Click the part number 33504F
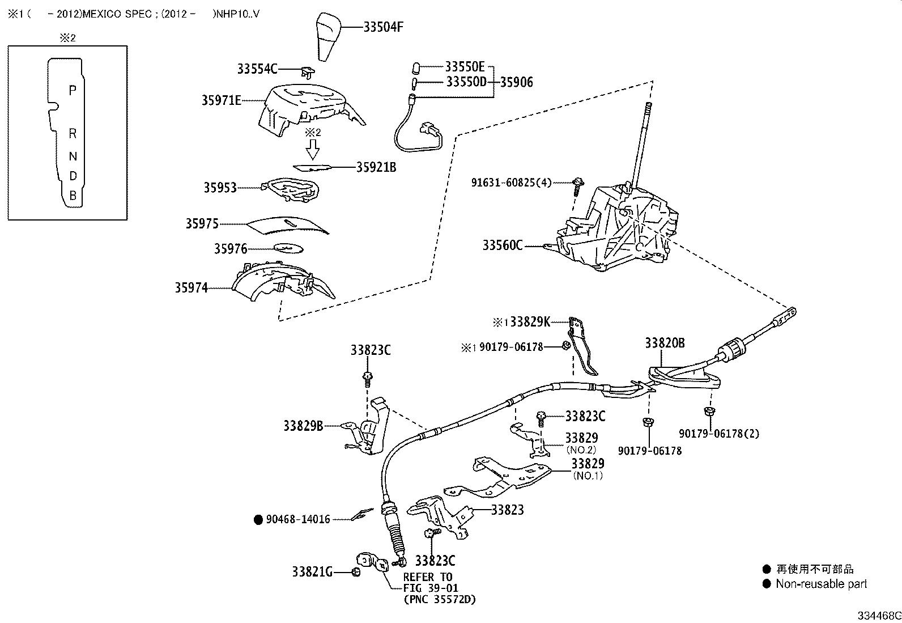point(383,27)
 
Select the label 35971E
point(222,100)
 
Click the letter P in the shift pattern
point(73,90)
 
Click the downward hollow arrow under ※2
point(312,150)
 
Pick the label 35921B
point(376,167)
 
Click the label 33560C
point(503,245)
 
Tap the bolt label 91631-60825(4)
point(511,183)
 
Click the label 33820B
point(665,343)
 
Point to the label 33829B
point(303,425)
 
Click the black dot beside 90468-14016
point(258,519)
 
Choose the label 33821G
point(312,572)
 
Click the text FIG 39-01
point(431,588)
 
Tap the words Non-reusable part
point(821,584)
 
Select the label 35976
point(231,249)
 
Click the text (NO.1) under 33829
point(588,476)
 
